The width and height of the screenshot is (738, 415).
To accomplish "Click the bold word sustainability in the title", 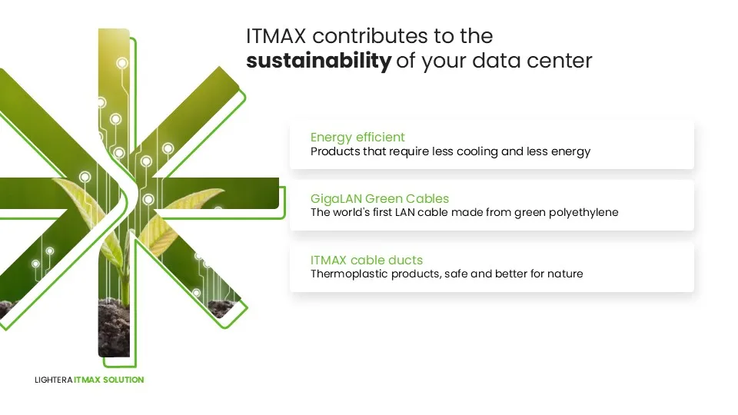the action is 318,61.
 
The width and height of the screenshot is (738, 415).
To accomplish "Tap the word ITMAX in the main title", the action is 276,36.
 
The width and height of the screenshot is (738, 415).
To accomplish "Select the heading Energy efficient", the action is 357,138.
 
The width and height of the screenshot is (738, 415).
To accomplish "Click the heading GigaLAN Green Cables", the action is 379,198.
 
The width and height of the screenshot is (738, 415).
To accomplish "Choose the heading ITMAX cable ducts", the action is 366,260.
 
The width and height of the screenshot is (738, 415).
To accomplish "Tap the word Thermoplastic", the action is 349,274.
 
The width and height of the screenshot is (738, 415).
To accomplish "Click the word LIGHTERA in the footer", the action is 53,380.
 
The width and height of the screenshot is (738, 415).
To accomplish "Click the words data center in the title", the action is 532,61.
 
